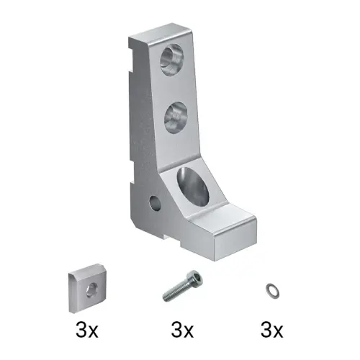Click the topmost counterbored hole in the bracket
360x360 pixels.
click(x=172, y=60)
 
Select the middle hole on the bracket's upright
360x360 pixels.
click(x=176, y=117)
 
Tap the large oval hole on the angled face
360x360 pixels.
click(x=193, y=187)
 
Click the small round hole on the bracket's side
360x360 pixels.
click(x=155, y=203)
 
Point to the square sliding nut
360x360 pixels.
click(x=87, y=288)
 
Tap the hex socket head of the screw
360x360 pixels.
click(x=194, y=277)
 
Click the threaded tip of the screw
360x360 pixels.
click(x=166, y=298)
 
